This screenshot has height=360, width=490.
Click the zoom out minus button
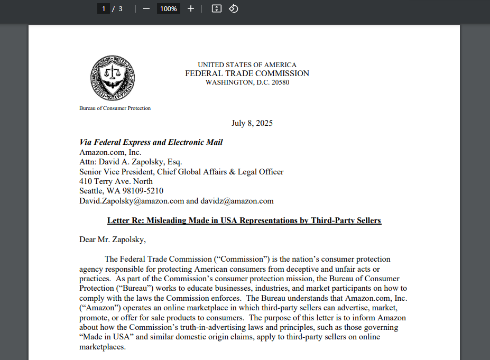click(x=146, y=8)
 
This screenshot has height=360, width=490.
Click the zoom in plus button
click(x=191, y=8)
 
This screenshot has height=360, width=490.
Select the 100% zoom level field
click(x=169, y=8)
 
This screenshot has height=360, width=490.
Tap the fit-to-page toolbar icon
click(x=216, y=8)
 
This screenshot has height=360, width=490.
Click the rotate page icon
click(x=234, y=8)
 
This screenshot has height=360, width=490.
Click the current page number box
click(x=103, y=8)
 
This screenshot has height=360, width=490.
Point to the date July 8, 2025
click(x=252, y=123)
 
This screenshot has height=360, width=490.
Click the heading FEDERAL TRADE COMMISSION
click(x=247, y=73)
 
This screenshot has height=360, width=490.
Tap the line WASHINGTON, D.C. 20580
click(x=247, y=82)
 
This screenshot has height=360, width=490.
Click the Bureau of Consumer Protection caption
click(x=115, y=108)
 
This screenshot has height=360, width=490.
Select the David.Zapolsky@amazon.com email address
click(x=132, y=201)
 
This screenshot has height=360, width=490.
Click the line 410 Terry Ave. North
click(x=116, y=181)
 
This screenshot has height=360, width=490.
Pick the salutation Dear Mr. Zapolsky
click(x=112, y=239)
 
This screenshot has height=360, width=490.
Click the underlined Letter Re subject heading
click(x=244, y=220)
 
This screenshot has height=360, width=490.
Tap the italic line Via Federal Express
click(x=151, y=142)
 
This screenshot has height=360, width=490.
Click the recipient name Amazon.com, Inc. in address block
click(x=110, y=152)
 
